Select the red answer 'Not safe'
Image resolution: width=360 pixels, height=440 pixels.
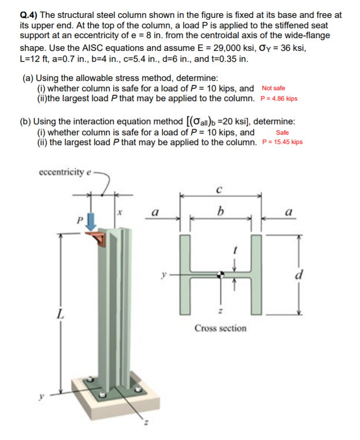point(273,88)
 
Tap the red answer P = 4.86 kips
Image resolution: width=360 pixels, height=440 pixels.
point(279,98)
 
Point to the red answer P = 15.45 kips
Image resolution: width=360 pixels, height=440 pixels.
point(282,142)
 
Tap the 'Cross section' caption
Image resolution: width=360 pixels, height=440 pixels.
point(220,328)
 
